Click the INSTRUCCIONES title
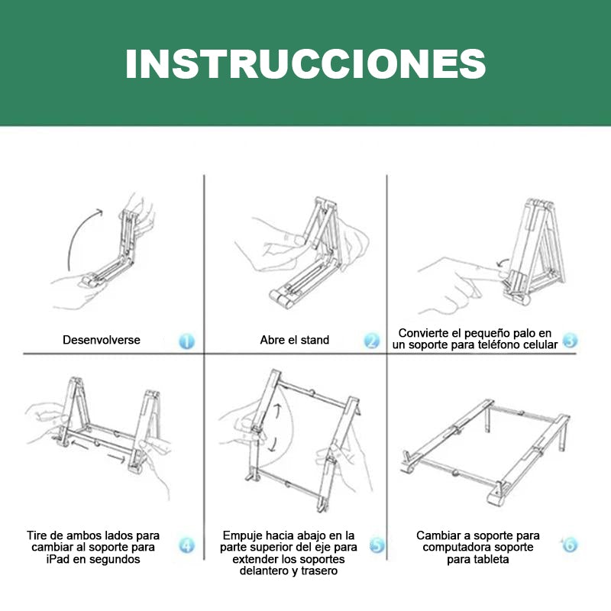(x=305, y=64)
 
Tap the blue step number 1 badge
(x=186, y=341)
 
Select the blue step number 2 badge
(x=371, y=341)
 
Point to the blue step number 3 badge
(x=570, y=340)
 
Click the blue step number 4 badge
(x=186, y=545)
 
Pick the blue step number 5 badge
(x=377, y=545)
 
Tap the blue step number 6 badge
(x=569, y=545)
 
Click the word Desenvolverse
(x=102, y=340)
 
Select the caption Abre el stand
(x=295, y=340)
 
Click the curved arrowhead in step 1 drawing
(x=99, y=212)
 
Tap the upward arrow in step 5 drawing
(x=277, y=411)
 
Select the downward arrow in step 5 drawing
(x=273, y=445)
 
